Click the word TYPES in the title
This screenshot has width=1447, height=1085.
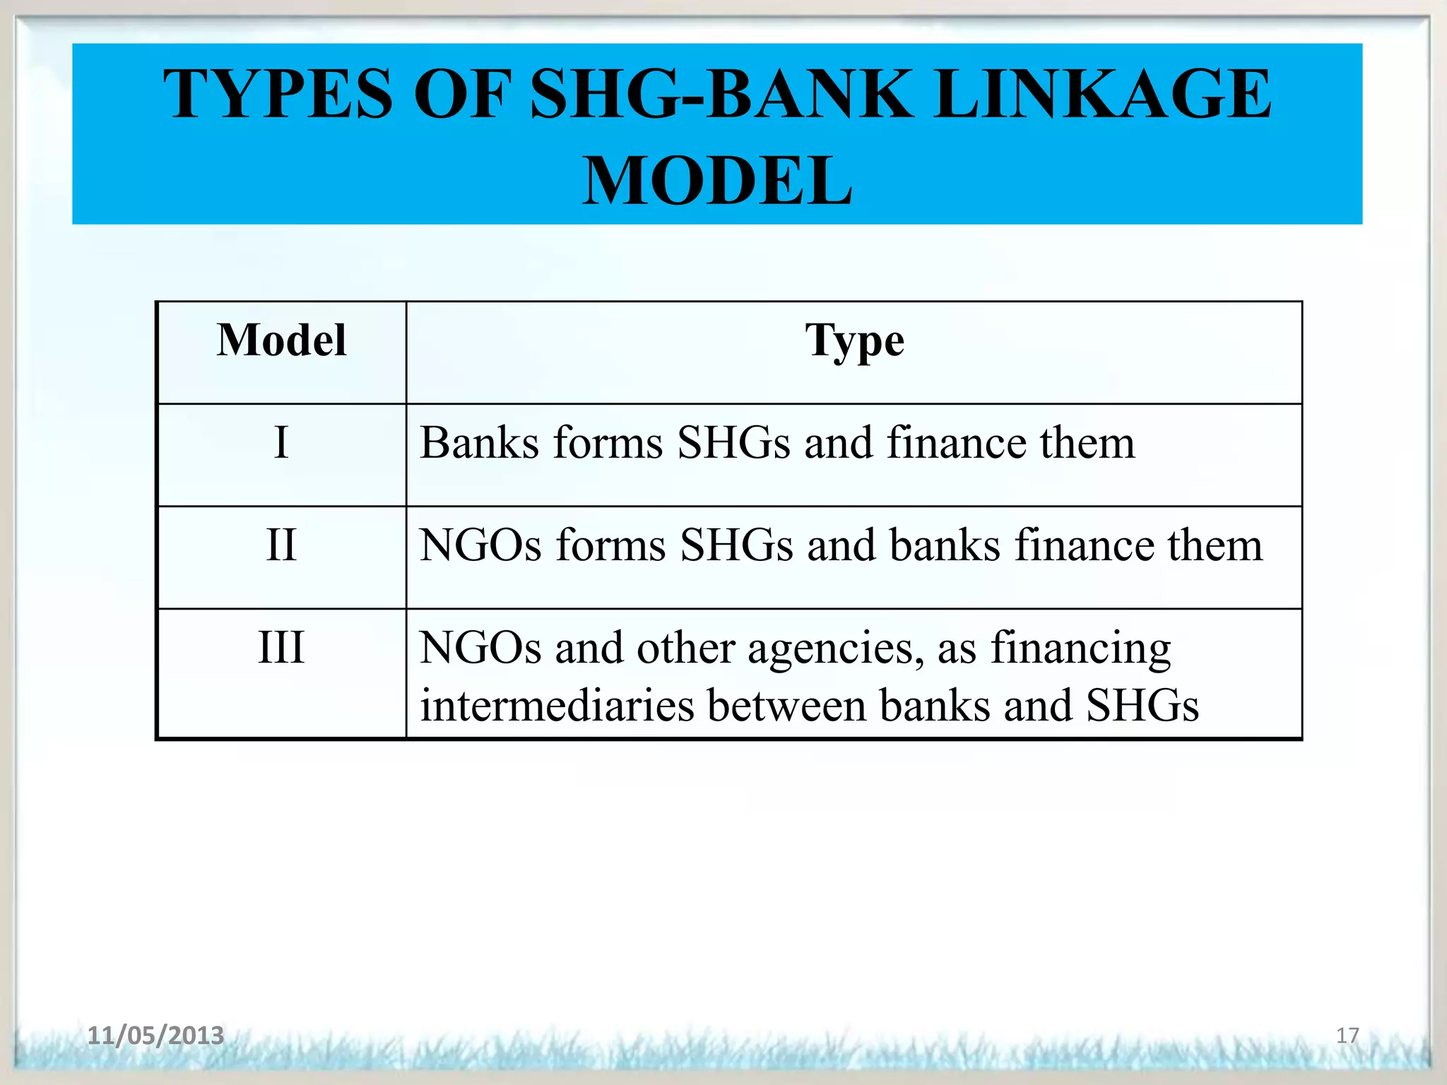tap(278, 94)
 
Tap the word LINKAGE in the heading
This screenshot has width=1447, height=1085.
tap(1102, 94)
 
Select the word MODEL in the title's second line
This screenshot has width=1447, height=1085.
tap(717, 182)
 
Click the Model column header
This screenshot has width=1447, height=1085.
tap(281, 341)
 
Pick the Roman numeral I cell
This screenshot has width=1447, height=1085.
tap(281, 443)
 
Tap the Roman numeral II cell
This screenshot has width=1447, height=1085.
tap(281, 545)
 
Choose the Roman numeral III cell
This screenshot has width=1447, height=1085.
tap(281, 647)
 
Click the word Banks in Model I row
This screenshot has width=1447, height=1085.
tap(480, 444)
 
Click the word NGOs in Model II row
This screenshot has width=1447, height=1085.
tap(480, 546)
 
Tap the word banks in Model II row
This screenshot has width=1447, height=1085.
tap(945, 546)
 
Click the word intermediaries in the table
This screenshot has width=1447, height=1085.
tap(557, 706)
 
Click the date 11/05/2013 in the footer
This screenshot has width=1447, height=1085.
tap(155, 1036)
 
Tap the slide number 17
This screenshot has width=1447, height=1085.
tap(1347, 1036)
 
